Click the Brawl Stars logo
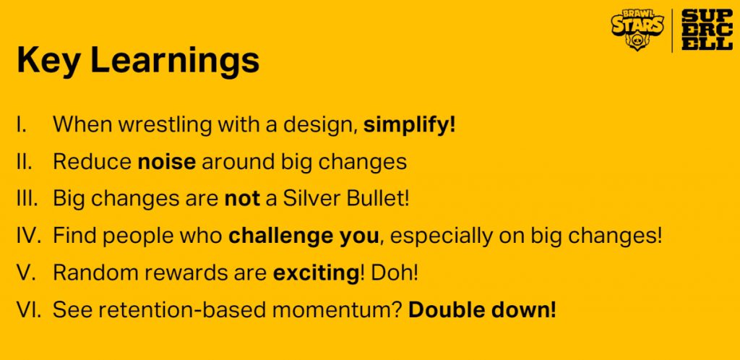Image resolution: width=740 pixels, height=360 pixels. [x=637, y=30]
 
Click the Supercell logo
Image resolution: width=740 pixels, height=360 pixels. [x=707, y=30]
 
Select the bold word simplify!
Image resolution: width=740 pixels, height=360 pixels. [x=409, y=125]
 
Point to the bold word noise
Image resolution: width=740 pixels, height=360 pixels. [x=167, y=162]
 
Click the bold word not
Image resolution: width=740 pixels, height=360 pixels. [x=242, y=199]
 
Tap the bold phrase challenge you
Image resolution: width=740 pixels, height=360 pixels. [x=304, y=236]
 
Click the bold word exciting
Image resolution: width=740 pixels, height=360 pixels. [x=317, y=273]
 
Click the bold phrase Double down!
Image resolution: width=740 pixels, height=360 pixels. [x=482, y=310]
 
